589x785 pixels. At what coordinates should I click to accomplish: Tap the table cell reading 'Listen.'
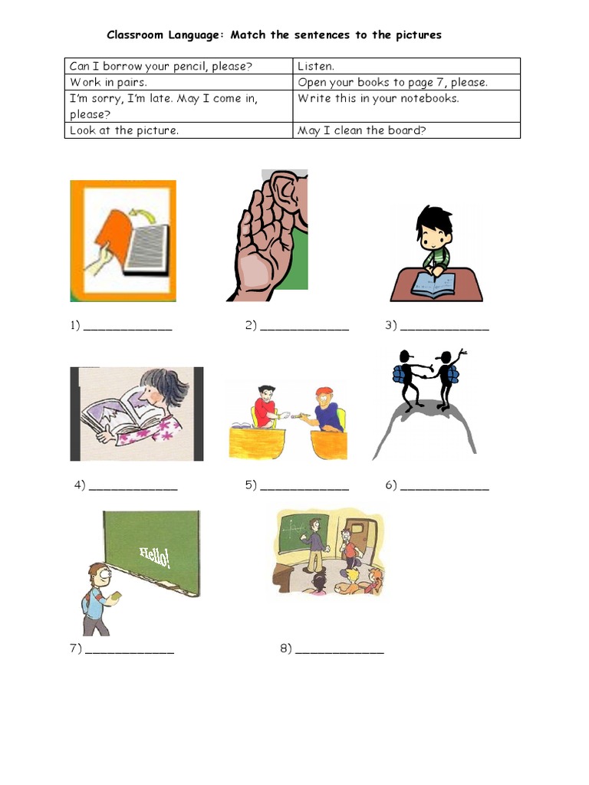[x=316, y=67]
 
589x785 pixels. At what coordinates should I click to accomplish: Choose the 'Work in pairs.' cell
[x=109, y=82]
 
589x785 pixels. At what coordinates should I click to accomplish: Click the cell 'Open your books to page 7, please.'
[x=393, y=82]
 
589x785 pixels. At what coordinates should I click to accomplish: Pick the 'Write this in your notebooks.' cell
[x=378, y=98]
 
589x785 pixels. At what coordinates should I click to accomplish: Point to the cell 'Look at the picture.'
[x=124, y=130]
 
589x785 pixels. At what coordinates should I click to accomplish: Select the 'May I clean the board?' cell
[x=361, y=130]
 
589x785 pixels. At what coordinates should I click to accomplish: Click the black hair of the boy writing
[x=433, y=218]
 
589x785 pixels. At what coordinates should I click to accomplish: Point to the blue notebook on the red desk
[x=433, y=284]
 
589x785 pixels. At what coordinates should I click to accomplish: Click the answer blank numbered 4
[x=133, y=487]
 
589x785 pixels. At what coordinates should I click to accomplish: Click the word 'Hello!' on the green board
[x=155, y=557]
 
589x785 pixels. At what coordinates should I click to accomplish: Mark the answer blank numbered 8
[x=339, y=650]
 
